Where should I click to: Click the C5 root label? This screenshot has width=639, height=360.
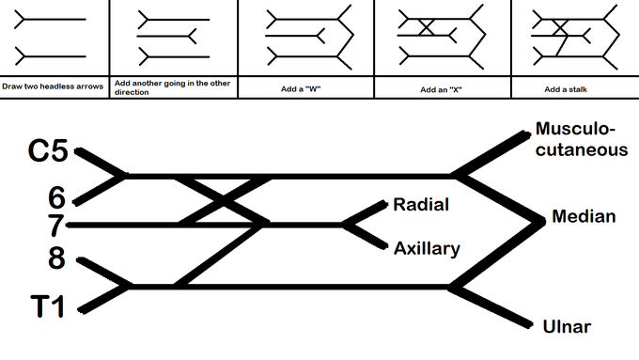[x=48, y=150]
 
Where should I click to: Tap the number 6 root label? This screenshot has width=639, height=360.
[x=56, y=197]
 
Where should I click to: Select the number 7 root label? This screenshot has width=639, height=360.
[x=55, y=226]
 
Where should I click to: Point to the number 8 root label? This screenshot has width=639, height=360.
[x=56, y=258]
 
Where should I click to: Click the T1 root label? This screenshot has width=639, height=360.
[x=48, y=306]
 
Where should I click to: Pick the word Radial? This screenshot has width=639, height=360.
[x=421, y=204]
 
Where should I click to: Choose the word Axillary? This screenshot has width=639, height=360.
[x=427, y=249]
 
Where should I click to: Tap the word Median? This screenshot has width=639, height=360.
[x=584, y=216]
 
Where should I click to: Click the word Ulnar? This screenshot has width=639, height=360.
[x=567, y=326]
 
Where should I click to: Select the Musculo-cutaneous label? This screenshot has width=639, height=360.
[x=582, y=139]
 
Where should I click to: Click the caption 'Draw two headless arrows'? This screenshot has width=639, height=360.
[x=53, y=86]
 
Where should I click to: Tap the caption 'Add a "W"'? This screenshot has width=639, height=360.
[x=301, y=89]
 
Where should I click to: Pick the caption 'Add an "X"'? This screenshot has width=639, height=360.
[x=441, y=89]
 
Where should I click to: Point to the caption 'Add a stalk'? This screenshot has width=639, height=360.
[x=566, y=89]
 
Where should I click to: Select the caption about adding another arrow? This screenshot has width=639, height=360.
[x=172, y=87]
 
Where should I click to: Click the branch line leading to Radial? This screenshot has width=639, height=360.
[x=365, y=213]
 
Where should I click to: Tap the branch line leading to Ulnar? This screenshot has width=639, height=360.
[x=491, y=306]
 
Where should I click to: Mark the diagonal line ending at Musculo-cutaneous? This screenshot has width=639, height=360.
[x=491, y=154]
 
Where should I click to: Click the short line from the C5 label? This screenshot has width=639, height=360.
[x=101, y=163]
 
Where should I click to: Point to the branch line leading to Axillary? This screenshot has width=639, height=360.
[x=365, y=236]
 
